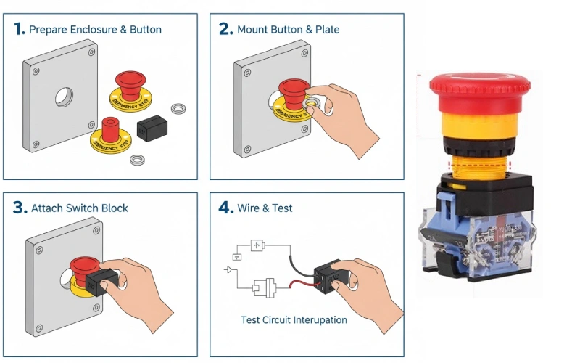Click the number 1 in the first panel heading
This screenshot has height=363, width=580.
pyautogui.click(x=19, y=30)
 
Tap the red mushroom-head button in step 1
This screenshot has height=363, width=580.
pyautogui.click(x=130, y=83)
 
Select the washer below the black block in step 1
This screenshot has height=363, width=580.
pyautogui.click(x=136, y=158)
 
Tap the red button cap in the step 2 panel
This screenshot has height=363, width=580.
pyautogui.click(x=293, y=90)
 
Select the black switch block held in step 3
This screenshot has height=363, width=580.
pyautogui.click(x=101, y=280)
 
